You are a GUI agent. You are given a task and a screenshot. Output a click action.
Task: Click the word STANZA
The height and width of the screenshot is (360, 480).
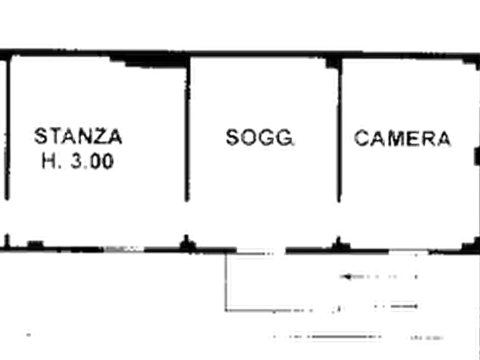78,136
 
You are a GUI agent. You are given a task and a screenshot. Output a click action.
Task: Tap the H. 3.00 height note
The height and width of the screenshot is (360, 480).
78,161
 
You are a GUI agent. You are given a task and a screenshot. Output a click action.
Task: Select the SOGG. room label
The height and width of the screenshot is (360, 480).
260,137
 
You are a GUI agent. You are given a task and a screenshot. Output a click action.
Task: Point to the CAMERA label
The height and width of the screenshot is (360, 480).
403,138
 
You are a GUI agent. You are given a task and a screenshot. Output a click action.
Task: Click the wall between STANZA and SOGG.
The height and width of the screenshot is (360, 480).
187,128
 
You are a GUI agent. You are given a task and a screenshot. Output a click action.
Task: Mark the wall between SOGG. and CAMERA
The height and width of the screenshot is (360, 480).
339,130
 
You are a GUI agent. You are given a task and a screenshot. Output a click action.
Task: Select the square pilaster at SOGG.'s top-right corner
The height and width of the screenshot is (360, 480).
334,62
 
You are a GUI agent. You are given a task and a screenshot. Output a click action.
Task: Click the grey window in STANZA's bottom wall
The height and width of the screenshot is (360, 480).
124,249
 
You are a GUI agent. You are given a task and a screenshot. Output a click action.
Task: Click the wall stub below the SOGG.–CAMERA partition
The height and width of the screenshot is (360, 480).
340,244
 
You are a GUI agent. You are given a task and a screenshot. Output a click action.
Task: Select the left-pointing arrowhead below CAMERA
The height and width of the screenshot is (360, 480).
346,277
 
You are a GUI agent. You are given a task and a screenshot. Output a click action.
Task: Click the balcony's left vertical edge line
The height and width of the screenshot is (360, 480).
226,282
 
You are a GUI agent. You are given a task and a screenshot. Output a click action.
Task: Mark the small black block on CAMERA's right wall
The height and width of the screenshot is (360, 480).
477,156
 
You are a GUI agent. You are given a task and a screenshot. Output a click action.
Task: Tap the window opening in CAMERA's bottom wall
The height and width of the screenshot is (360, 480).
409,252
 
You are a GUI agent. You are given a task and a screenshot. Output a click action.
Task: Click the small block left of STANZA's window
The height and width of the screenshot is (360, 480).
35,244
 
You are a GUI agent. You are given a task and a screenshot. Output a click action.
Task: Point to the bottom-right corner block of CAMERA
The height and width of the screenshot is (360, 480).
471,245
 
